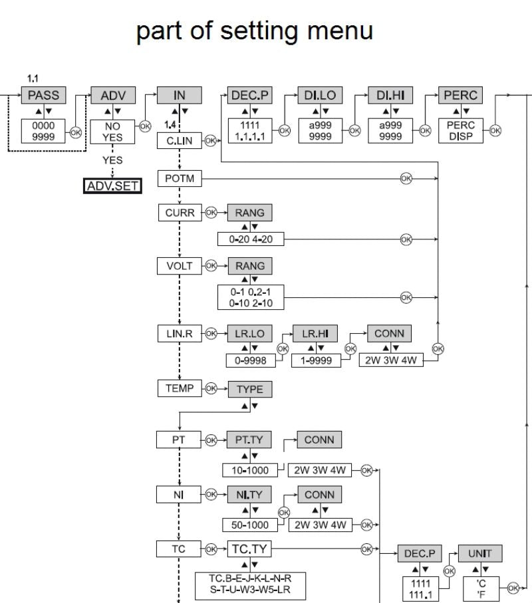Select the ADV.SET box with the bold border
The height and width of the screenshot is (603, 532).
click(x=112, y=186)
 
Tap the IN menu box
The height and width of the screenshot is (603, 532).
click(x=179, y=96)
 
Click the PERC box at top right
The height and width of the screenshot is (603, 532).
click(x=460, y=96)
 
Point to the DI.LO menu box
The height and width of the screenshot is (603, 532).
click(x=320, y=96)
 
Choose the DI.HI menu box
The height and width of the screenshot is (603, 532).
click(x=390, y=96)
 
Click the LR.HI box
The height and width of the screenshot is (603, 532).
click(x=317, y=333)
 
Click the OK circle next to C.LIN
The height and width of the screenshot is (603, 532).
click(x=211, y=141)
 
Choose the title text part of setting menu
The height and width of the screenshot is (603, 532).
click(x=255, y=31)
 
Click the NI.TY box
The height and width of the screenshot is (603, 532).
click(x=249, y=495)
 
